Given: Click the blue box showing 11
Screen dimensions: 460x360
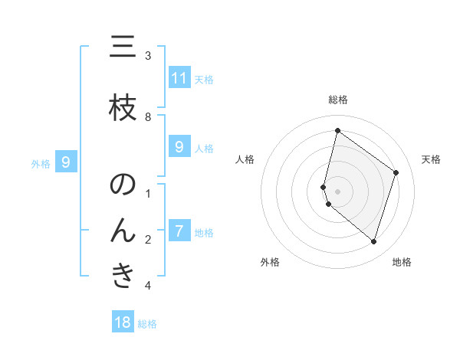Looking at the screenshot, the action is [x=179, y=78].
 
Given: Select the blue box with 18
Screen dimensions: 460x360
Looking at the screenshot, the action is [x=123, y=322].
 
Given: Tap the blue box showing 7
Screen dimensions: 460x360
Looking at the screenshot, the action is [x=179, y=231].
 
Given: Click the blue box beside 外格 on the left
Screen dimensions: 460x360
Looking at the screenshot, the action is [x=66, y=162].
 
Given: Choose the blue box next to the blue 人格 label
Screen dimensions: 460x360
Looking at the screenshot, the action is [x=179, y=147].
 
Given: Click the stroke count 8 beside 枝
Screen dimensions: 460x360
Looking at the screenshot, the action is [x=148, y=116].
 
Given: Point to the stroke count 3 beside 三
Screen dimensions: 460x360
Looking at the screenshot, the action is [x=148, y=56].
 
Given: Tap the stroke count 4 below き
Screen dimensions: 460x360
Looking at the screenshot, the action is [x=148, y=286].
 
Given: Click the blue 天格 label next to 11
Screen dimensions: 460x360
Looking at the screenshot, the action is [x=204, y=79].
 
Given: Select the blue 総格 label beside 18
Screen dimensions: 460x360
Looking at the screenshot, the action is [x=147, y=324].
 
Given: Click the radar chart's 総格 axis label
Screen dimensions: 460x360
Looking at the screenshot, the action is [x=337, y=100].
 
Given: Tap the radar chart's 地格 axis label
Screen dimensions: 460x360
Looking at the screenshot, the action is [x=402, y=263].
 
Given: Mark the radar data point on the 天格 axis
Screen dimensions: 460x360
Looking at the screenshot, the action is [x=396, y=172].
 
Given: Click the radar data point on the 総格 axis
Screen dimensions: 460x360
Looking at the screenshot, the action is [x=337, y=130].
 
